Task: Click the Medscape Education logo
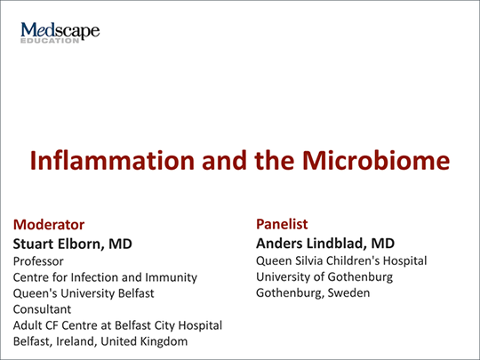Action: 60,34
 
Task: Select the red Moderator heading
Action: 49,224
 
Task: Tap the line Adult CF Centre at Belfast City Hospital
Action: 116,325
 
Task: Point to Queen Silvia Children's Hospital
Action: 341,260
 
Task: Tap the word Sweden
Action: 348,292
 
